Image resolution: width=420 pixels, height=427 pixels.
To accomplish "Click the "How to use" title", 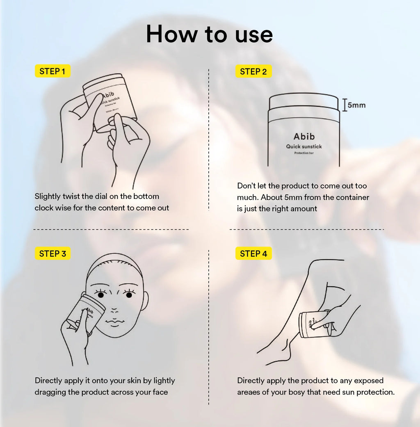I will [x=209, y=34].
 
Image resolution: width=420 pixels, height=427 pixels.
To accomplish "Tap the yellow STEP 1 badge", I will [x=52, y=71].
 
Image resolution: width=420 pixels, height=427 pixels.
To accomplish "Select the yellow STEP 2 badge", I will [x=253, y=72].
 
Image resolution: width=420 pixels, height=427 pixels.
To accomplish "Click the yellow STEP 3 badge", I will [x=52, y=254].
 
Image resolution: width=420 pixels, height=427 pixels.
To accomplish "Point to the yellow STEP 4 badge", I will [x=253, y=254].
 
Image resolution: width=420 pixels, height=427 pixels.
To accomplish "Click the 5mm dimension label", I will [x=356, y=105].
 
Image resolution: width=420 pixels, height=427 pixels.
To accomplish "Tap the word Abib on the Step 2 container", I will [x=304, y=136].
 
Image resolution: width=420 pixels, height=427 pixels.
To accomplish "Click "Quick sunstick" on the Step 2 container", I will [x=304, y=146].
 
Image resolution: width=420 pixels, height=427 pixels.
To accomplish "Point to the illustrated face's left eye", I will [x=100, y=295].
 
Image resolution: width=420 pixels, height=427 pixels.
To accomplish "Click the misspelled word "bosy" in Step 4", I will [x=295, y=392].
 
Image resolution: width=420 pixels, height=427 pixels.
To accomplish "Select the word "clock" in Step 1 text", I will [x=45, y=208].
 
